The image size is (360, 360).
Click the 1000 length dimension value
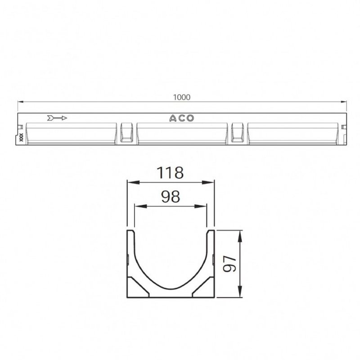point(182,97)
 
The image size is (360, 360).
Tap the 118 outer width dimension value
point(170,173)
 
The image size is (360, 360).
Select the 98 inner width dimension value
point(171,197)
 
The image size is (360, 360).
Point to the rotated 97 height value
point(229,264)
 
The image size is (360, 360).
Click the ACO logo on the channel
point(182,118)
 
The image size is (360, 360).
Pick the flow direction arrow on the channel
point(57,118)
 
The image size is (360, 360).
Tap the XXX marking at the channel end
point(21,137)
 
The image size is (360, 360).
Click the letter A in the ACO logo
point(173,118)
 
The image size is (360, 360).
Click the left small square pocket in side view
point(127,133)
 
